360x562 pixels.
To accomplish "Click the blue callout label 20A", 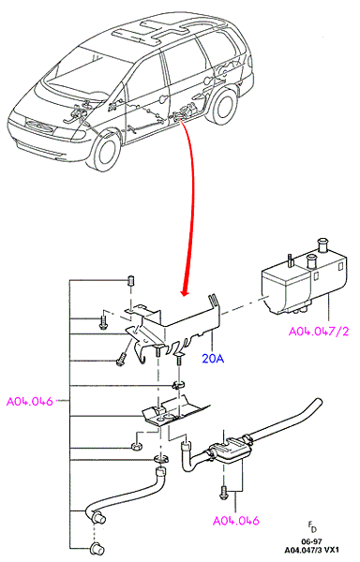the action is pyautogui.click(x=213, y=358).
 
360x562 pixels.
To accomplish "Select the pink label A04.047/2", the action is pyautogui.click(x=319, y=332).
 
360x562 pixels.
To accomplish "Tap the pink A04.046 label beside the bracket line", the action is pyautogui.click(x=30, y=401).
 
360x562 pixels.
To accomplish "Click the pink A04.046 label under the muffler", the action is pyautogui.click(x=236, y=521).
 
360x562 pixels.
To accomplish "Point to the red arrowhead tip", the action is pyautogui.click(x=185, y=296).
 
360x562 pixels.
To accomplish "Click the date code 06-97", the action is pyautogui.click(x=311, y=541).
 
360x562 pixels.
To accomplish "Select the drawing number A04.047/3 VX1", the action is pyautogui.click(x=311, y=550).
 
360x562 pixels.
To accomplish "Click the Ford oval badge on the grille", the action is pyautogui.click(x=38, y=126).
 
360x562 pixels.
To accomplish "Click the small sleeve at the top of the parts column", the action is pyautogui.click(x=131, y=280).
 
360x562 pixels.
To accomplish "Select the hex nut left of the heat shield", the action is pyautogui.click(x=137, y=448).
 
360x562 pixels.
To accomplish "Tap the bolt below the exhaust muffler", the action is pyautogui.click(x=223, y=491).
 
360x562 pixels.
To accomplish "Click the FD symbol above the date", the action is pyautogui.click(x=312, y=527).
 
